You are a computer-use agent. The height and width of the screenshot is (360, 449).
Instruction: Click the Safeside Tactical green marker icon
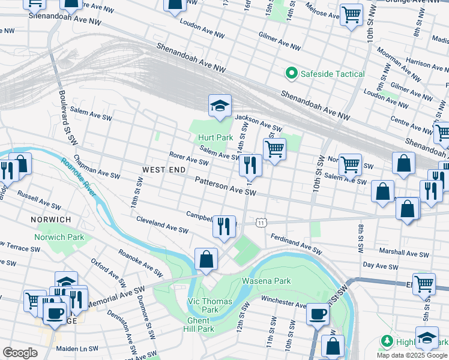tap(291, 73)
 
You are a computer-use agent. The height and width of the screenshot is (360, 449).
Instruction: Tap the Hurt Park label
tap(215, 137)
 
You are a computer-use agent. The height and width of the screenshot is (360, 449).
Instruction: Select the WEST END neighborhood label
tap(164, 170)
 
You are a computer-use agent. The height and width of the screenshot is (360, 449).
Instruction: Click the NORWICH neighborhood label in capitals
tap(51, 220)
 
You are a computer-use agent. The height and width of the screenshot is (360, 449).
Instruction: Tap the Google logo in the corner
tap(20, 352)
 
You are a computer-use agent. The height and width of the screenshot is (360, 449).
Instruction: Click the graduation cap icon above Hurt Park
tap(220, 106)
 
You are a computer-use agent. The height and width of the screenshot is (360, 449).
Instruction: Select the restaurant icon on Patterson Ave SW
tap(250, 165)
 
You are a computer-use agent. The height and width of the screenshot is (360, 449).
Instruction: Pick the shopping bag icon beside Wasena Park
tap(206, 260)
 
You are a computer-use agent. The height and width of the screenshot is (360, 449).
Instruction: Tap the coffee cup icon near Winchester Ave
tap(318, 314)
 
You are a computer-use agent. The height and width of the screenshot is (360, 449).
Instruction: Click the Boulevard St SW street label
tap(68, 117)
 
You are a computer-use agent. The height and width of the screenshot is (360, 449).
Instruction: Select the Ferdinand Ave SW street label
tap(296, 242)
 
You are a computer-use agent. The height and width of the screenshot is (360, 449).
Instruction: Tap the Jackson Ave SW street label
tap(258, 124)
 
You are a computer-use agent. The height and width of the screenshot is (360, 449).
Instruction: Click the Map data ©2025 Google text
tap(411, 355)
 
